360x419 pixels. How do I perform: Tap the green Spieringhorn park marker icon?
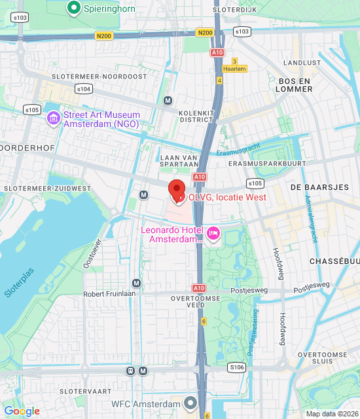tap(74, 8)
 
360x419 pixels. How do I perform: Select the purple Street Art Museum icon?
tap(54, 118)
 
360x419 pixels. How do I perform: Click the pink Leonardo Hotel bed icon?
tap(213, 234)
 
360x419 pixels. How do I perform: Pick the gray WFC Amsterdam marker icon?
tap(190, 403)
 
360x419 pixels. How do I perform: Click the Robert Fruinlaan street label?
tap(108, 294)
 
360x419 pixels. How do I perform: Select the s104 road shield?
tap(83, 88)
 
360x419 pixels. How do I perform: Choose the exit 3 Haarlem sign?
tap(234, 65)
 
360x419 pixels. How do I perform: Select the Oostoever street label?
tap(93, 253)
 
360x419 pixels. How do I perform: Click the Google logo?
tap(22, 411)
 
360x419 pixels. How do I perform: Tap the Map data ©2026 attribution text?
tap(332, 413)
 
